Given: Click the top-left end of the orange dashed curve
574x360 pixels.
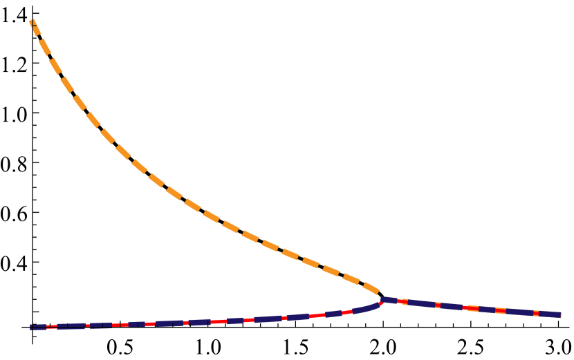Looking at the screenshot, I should pos(32,23).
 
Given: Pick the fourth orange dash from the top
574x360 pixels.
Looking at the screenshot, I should pos(67,84).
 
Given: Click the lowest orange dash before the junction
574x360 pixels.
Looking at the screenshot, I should pos(371,286).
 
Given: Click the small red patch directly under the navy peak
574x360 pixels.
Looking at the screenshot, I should pos(381,303).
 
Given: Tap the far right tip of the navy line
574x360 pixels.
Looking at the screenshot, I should pos(559,314).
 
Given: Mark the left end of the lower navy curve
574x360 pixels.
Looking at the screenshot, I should pos(32,325).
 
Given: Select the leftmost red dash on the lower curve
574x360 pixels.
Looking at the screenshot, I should pos(53,325).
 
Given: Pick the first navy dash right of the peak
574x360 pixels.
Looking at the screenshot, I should pos(389,300).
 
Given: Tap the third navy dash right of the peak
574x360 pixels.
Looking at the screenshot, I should pos(452,306).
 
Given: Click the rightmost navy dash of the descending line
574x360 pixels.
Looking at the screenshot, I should pos(549,314).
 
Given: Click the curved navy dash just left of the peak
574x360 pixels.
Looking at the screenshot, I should pos(367,308).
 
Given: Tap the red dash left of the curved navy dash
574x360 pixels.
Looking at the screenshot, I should pos(348,312).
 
